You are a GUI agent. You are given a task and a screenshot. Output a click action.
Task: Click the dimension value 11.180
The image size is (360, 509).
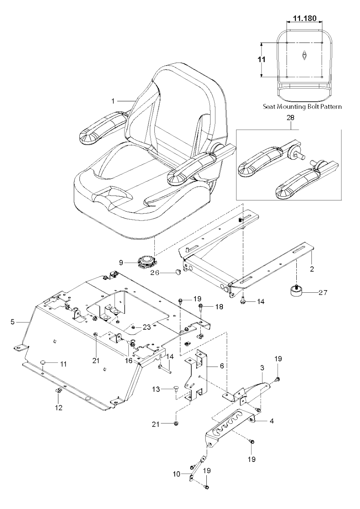pyautogui.click(x=304, y=18)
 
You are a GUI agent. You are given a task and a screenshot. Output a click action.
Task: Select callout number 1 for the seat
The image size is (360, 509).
pyautogui.click(x=113, y=101)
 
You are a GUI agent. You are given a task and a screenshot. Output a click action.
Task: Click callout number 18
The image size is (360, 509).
pyautogui.click(x=219, y=307)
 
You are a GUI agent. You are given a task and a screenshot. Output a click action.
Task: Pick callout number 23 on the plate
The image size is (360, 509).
pyautogui.click(x=146, y=327)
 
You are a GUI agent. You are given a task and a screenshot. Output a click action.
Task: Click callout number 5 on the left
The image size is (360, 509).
pyautogui.click(x=13, y=322)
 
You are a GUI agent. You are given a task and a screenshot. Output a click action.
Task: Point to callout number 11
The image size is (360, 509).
pyautogui.click(x=63, y=364)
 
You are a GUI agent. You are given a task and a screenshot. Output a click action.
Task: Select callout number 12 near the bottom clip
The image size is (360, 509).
pyautogui.click(x=58, y=408)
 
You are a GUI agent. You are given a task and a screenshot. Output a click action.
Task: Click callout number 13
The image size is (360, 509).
pyautogui.click(x=156, y=389)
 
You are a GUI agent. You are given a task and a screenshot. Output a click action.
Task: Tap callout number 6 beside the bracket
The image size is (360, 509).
pyautogui.click(x=221, y=366)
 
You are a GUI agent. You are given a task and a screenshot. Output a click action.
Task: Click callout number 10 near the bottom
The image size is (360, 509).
pyautogui.click(x=176, y=474)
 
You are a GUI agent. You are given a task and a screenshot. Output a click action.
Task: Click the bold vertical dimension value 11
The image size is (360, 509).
pyautogui.click(x=261, y=59)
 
